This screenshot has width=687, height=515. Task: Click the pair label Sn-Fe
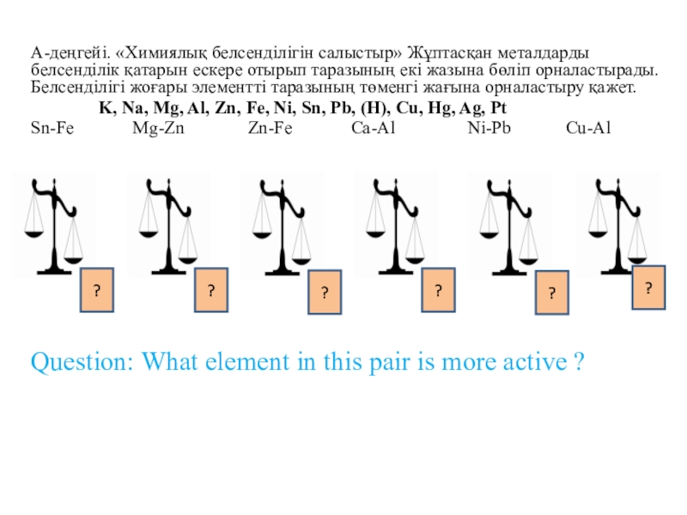tap(52, 128)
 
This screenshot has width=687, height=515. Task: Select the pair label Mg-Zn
tap(158, 128)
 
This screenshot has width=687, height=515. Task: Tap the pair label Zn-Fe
tap(270, 128)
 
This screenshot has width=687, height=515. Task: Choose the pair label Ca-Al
tap(374, 128)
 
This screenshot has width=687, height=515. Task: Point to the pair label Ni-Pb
tap(487, 128)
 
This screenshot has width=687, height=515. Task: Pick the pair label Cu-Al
tap(588, 128)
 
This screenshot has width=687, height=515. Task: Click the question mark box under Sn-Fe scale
tap(98, 291)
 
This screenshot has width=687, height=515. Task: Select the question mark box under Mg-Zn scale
tap(210, 291)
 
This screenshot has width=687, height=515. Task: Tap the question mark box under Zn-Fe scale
tap(325, 293)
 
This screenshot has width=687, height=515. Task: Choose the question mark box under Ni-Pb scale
tap(553, 294)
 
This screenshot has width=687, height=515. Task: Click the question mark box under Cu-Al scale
tap(649, 286)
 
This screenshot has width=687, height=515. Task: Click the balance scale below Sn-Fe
tap(56, 225)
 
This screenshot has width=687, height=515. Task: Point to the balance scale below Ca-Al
tap(394, 225)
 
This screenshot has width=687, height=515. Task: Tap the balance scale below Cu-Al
tap(619, 225)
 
